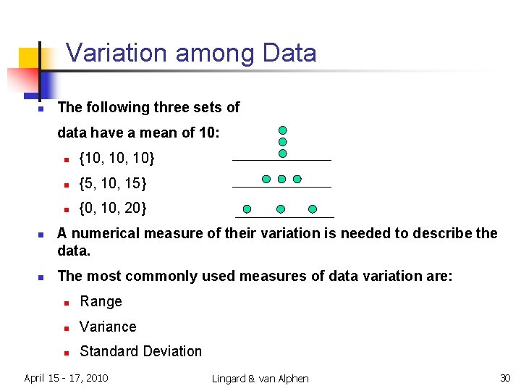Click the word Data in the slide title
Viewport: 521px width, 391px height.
pyautogui.click(x=289, y=54)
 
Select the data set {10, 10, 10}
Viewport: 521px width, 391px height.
pyautogui.click(x=117, y=158)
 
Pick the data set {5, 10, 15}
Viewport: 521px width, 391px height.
pyautogui.click(x=113, y=183)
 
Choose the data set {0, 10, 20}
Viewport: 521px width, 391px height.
pyautogui.click(x=113, y=209)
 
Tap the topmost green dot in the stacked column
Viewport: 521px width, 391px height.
pyautogui.click(x=283, y=130)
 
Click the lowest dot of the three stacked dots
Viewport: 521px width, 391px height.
pyautogui.click(x=283, y=154)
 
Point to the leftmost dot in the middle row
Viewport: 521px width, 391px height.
pyautogui.click(x=266, y=178)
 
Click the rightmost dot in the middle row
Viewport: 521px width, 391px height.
pyautogui.click(x=297, y=178)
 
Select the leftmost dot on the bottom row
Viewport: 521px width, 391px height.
pyautogui.click(x=247, y=209)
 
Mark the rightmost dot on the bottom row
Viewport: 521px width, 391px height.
pyautogui.click(x=313, y=209)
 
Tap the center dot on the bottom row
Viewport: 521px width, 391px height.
pyautogui.click(x=281, y=209)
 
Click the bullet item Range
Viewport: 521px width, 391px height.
pyautogui.click(x=101, y=302)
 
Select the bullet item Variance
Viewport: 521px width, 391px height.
pyautogui.click(x=108, y=327)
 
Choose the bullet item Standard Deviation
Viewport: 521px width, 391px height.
pyautogui.click(x=140, y=351)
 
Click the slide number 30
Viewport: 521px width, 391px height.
pyautogui.click(x=504, y=378)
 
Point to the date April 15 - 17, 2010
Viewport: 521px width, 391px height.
pyautogui.click(x=66, y=377)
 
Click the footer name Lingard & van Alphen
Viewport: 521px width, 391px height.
pyautogui.click(x=260, y=379)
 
